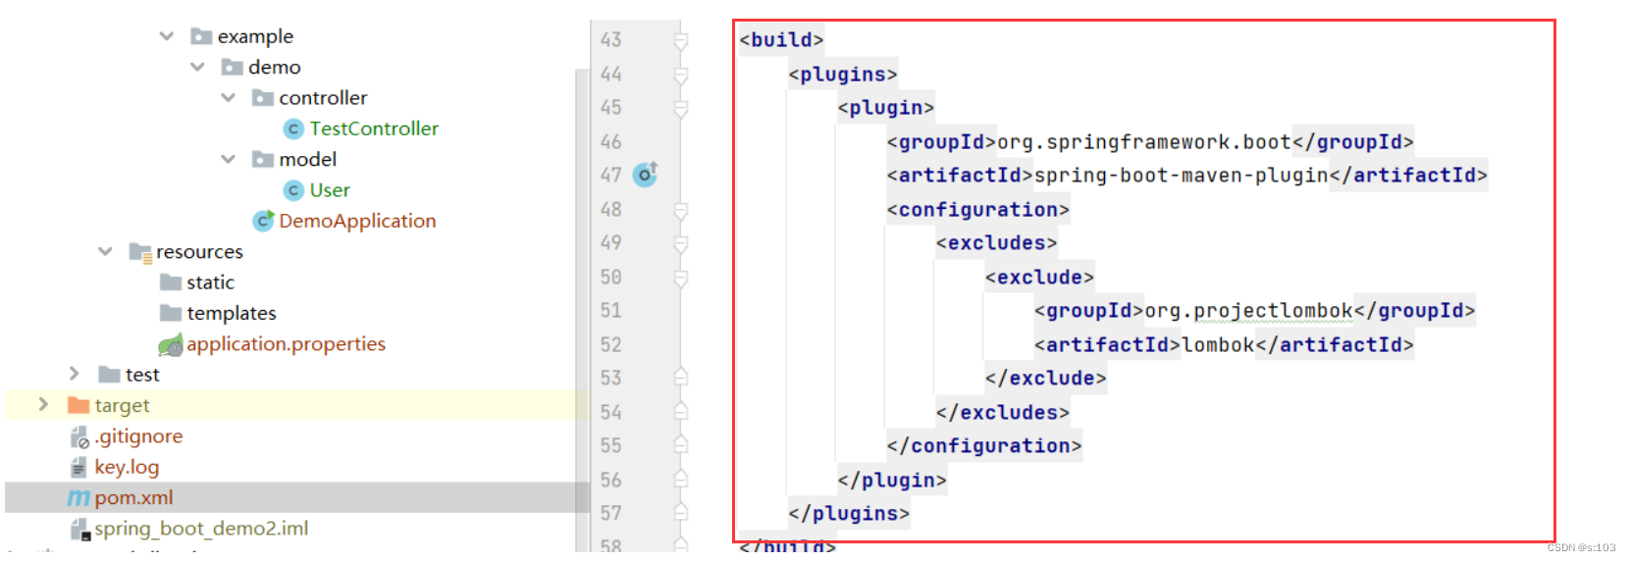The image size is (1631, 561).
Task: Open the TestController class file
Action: pos(373,128)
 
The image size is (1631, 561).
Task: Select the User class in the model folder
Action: pos(329,190)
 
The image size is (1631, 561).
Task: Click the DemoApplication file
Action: pos(356,221)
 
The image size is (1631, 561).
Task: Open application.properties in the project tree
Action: pos(286,344)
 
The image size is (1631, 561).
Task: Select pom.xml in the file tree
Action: pos(133,498)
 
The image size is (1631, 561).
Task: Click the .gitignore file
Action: pos(138,436)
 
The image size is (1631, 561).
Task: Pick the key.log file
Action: pos(127,467)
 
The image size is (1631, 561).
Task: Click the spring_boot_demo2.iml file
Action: pos(201,529)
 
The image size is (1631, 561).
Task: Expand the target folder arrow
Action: pos(42,404)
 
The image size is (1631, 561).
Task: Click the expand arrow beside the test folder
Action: pos(74,374)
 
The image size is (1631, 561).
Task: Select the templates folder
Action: pos(231,313)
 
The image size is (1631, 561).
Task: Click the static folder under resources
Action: pos(210,282)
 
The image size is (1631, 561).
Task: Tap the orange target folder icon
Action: pos(79,405)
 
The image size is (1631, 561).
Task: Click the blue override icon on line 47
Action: pos(645,175)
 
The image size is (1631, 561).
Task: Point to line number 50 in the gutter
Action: pos(610,278)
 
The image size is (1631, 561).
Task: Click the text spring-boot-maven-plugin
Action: pos(1182,176)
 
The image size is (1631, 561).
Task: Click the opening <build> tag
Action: pos(781,40)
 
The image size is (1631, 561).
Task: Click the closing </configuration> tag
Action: pos(983,446)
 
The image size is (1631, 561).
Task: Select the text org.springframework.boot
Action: pos(1144,142)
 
